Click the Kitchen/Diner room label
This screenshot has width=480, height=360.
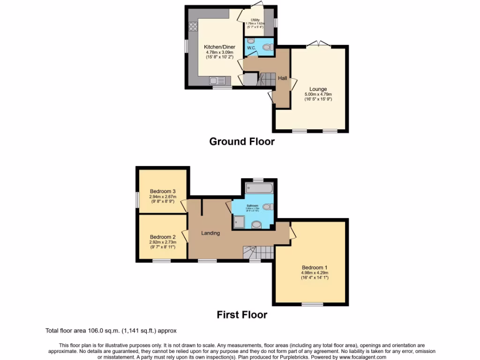coord(216,47)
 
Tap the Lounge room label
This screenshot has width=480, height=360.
coord(318,89)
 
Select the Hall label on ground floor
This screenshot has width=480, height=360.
coord(283,78)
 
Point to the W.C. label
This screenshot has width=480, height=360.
coord(251,47)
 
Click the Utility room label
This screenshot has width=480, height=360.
coord(255,20)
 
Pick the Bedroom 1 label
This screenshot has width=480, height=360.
coord(315,267)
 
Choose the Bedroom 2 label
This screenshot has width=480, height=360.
coord(163,237)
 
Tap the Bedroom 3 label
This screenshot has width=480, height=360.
coord(163,191)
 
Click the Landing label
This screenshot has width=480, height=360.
coord(210,233)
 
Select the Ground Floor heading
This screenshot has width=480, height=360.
coord(241,142)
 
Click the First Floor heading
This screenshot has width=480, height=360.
coord(241,315)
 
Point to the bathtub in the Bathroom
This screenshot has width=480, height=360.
coord(259,189)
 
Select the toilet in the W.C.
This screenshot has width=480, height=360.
coord(267,47)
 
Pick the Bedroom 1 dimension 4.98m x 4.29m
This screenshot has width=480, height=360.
coord(315,273)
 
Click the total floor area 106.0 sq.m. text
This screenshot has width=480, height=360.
coord(111,330)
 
